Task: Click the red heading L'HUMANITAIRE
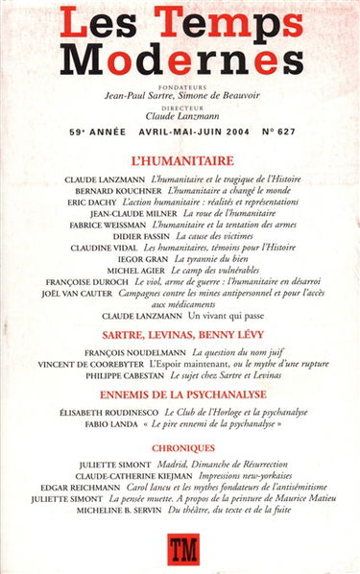tap(180, 161)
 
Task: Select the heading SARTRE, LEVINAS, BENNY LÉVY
tap(180, 335)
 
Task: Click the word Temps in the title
tap(228, 24)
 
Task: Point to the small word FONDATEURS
tap(180, 84)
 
